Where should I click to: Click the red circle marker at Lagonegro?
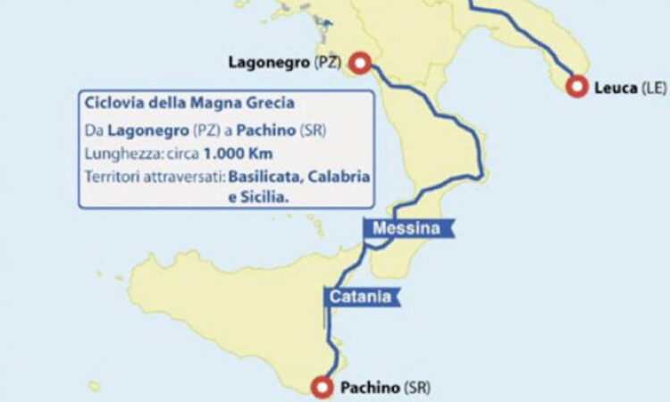click(360, 63)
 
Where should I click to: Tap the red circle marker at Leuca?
click(577, 87)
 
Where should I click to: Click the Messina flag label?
click(406, 229)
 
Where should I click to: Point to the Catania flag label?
click(359, 297)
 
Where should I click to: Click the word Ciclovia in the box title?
click(112, 104)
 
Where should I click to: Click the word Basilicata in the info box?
click(265, 176)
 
